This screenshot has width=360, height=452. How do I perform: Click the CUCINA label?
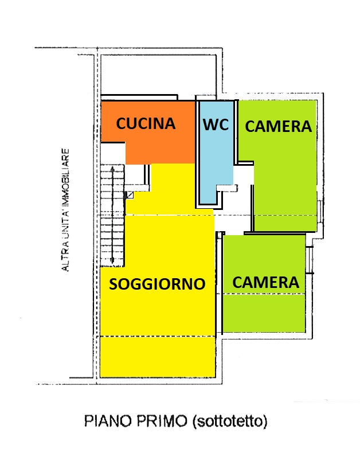tap(146, 123)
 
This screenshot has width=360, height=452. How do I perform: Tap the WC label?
tap(216, 124)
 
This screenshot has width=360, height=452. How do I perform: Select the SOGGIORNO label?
tap(157, 284)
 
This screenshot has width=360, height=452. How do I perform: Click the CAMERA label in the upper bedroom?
tap(278, 126)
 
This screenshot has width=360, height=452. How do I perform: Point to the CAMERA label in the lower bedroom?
tap(265, 282)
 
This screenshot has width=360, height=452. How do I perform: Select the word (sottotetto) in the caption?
tap(229, 422)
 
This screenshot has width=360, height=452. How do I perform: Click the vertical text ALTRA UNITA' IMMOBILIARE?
tap(66, 210)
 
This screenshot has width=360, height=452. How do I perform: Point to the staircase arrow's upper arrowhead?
tap(112, 168)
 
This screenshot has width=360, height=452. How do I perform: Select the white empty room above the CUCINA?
tap(158, 75)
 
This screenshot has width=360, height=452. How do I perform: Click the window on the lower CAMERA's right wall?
tap(310, 260)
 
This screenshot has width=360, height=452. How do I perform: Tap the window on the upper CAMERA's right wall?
tap(320, 211)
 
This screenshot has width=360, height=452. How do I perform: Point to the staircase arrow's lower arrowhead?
tap(112, 260)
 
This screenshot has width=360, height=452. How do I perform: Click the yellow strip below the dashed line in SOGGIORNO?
tap(158, 357)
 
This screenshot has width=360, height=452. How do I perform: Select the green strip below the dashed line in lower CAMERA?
tap(264, 313)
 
